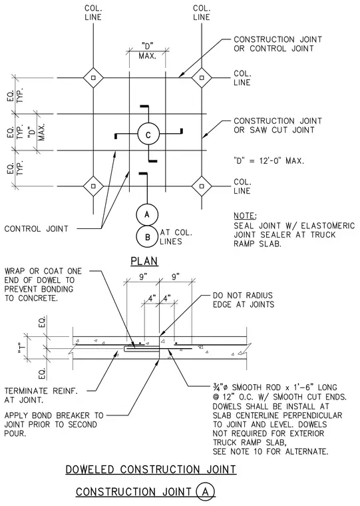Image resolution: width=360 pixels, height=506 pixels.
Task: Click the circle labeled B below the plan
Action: click(137, 237)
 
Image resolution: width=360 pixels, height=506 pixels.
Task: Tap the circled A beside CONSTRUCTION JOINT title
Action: click(196, 491)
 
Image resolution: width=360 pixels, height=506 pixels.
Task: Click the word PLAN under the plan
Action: click(144, 261)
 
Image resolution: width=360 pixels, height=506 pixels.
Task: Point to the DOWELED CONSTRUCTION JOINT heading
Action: click(151, 469)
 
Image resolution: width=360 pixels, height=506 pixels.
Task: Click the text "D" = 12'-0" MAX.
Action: click(269, 160)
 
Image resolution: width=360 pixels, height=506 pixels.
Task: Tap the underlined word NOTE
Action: click(245, 216)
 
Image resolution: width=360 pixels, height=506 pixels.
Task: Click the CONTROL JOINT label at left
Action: click(36, 229)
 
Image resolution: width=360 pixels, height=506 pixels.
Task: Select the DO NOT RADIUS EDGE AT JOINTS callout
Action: click(244, 300)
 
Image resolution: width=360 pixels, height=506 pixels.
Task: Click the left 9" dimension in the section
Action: click(142, 277)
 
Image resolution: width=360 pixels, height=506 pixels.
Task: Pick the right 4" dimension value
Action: click(166, 298)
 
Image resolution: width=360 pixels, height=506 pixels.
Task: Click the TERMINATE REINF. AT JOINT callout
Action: click(41, 395)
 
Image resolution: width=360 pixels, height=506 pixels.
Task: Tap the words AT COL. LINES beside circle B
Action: click(176, 237)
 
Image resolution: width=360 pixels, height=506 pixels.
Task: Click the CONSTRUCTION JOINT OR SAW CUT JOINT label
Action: click(277, 125)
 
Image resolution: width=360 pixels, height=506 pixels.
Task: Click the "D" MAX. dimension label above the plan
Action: click(148, 51)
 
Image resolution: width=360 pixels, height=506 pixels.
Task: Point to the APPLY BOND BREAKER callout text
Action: click(54, 424)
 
